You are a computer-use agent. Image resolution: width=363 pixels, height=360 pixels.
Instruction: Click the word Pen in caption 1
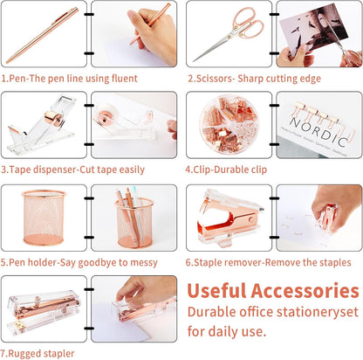[18, 77]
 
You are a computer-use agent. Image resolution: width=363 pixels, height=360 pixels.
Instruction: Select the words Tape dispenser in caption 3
[38, 169]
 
